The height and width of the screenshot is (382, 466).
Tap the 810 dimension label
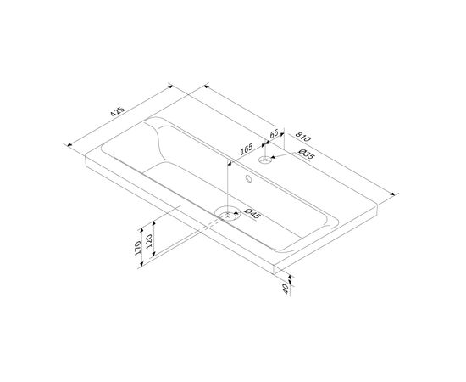302,137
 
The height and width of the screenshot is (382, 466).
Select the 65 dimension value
274,133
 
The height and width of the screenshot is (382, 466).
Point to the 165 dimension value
246,149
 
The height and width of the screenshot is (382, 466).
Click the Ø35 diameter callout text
305,154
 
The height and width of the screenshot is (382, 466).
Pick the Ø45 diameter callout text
252,213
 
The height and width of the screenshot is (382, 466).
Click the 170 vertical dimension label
137,248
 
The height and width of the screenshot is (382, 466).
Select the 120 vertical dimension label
149,241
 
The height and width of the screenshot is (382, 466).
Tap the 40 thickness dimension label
286,289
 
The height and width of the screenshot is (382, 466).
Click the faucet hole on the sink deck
265,160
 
